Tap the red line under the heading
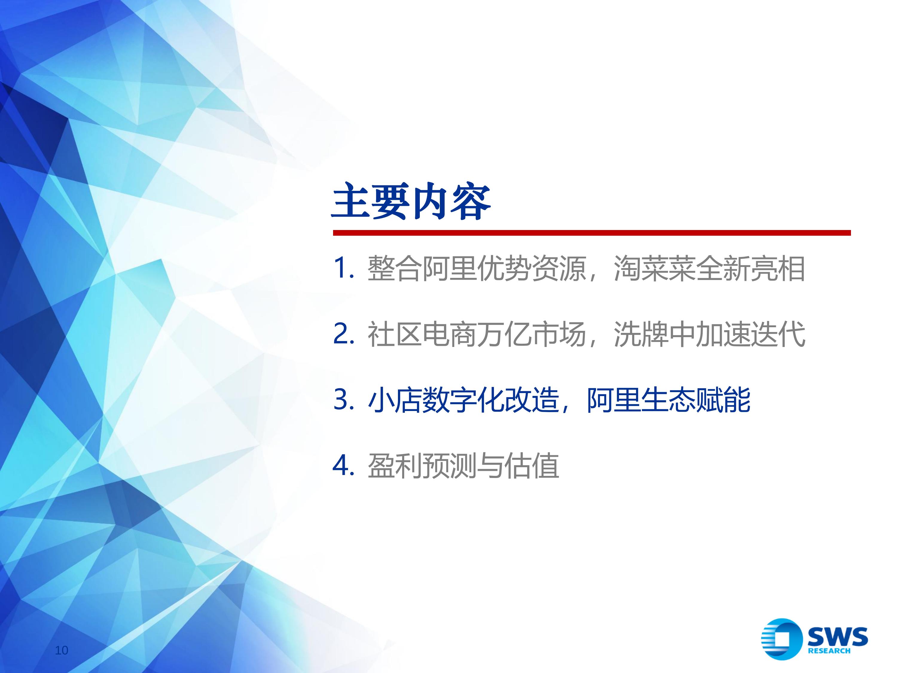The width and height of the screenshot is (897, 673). [x=592, y=233]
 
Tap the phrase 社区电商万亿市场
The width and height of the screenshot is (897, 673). [x=477, y=334]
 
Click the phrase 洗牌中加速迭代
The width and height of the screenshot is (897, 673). [x=709, y=334]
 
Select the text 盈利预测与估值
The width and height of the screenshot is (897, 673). [x=463, y=466]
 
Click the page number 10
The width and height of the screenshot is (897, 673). [x=61, y=650]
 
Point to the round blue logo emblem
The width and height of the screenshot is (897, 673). [x=781, y=639]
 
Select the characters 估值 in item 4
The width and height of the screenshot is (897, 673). [x=532, y=466]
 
